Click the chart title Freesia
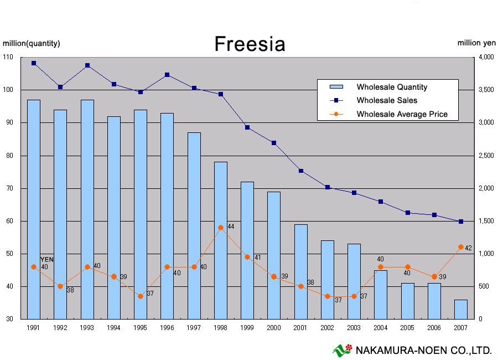(x=250, y=44)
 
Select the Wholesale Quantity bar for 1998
(x=221, y=240)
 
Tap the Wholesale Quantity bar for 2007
(x=461, y=310)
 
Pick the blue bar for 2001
(x=301, y=272)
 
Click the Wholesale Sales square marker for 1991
(x=34, y=63)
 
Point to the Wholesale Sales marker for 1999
(x=247, y=127)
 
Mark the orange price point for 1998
(x=221, y=228)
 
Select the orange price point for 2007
(x=461, y=247)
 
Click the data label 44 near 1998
(x=231, y=227)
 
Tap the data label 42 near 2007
(x=468, y=248)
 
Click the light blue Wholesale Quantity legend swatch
(x=336, y=86)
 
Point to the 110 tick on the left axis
(x=8, y=57)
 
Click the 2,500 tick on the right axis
(x=486, y=156)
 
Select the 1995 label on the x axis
(x=140, y=327)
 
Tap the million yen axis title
(x=476, y=43)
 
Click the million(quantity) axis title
(x=31, y=43)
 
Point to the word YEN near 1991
(x=47, y=260)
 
